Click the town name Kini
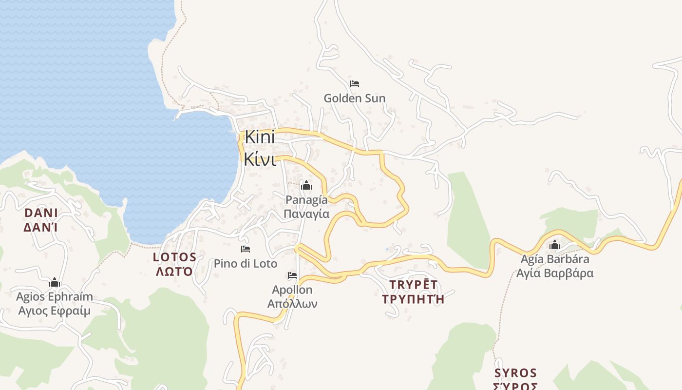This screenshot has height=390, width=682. tap(260, 137)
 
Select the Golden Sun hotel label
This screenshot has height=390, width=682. tap(355, 98)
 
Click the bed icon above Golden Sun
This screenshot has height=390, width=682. tap(355, 84)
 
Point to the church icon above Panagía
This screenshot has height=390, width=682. tap(306, 186)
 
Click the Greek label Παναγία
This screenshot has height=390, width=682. tap(306, 214)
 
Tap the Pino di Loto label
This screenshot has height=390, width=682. tap(246, 264)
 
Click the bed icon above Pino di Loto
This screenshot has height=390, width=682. tap(246, 249)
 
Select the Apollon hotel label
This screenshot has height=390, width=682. tap(292, 290)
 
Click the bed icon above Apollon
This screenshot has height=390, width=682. tap(292, 275)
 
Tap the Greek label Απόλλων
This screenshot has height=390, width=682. tap(292, 304)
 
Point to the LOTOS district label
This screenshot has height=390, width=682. tap(175, 257)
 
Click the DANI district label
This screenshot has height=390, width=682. tap(41, 213)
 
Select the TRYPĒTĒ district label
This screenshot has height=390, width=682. tap(414, 285)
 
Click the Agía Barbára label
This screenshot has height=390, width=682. tap(555, 259)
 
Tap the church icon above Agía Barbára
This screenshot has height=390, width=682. tap(555, 245)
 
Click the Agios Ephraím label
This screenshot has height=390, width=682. tap(55, 297)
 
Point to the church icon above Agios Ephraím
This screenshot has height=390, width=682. tap(55, 283)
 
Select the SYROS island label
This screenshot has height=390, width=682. tap(515, 373)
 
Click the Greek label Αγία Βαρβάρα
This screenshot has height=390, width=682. tap(555, 273)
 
